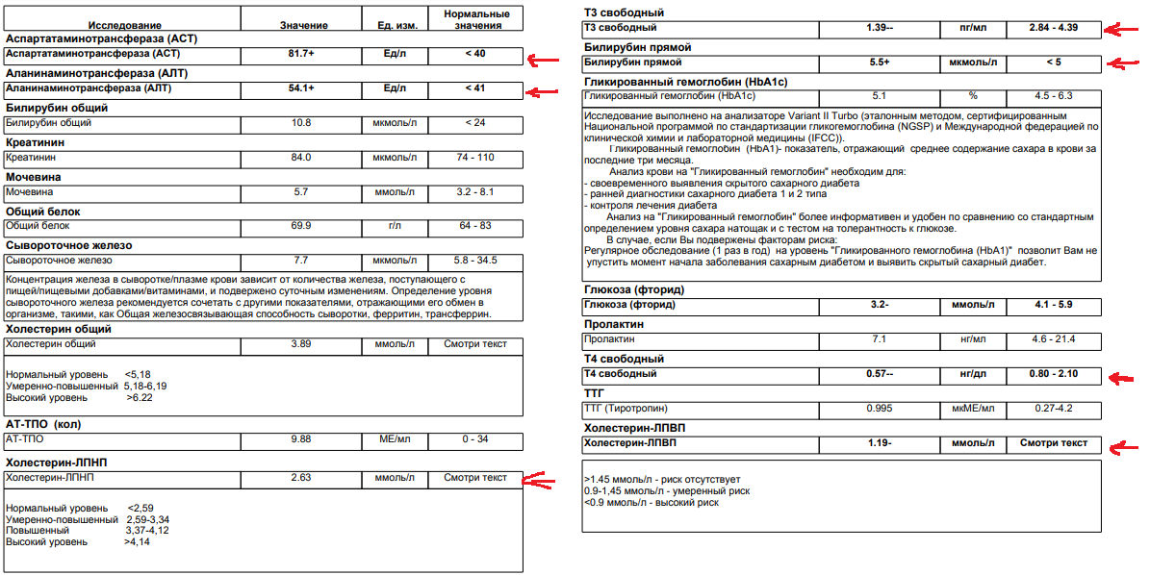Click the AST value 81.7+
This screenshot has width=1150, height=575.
pyautogui.click(x=301, y=53)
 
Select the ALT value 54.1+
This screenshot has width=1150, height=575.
pyautogui.click(x=301, y=87)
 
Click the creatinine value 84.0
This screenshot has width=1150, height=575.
pyautogui.click(x=301, y=157)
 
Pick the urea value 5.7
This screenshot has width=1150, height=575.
pyautogui.click(x=301, y=191)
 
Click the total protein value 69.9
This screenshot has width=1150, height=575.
pyautogui.click(x=301, y=226)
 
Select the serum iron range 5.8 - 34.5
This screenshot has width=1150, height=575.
pyautogui.click(x=475, y=261)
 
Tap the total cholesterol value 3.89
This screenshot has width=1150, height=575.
pyautogui.click(x=301, y=343)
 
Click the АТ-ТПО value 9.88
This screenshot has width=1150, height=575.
pyautogui.click(x=301, y=439)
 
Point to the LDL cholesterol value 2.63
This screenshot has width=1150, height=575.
pyautogui.click(x=301, y=477)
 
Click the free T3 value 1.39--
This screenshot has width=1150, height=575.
pyautogui.click(x=880, y=28)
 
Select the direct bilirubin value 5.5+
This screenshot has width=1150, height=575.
pyautogui.click(x=880, y=62)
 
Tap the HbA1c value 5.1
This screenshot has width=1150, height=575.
pyautogui.click(x=880, y=96)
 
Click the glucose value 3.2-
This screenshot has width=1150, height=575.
pyautogui.click(x=880, y=305)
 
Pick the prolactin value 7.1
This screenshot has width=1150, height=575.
pyautogui.click(x=880, y=339)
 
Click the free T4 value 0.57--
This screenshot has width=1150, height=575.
pyautogui.click(x=880, y=373)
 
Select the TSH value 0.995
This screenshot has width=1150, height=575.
pyautogui.click(x=880, y=409)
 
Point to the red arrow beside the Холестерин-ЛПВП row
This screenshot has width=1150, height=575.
pyautogui.click(x=1120, y=447)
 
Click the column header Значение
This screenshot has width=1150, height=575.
pyautogui.click(x=303, y=24)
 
